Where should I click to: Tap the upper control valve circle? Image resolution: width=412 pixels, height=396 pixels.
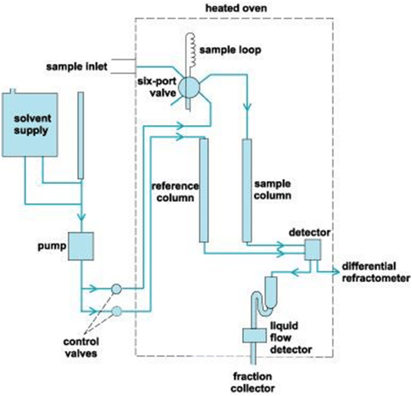[x=116, y=289]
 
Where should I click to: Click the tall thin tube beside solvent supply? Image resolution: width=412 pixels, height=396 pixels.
[x=80, y=135]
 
